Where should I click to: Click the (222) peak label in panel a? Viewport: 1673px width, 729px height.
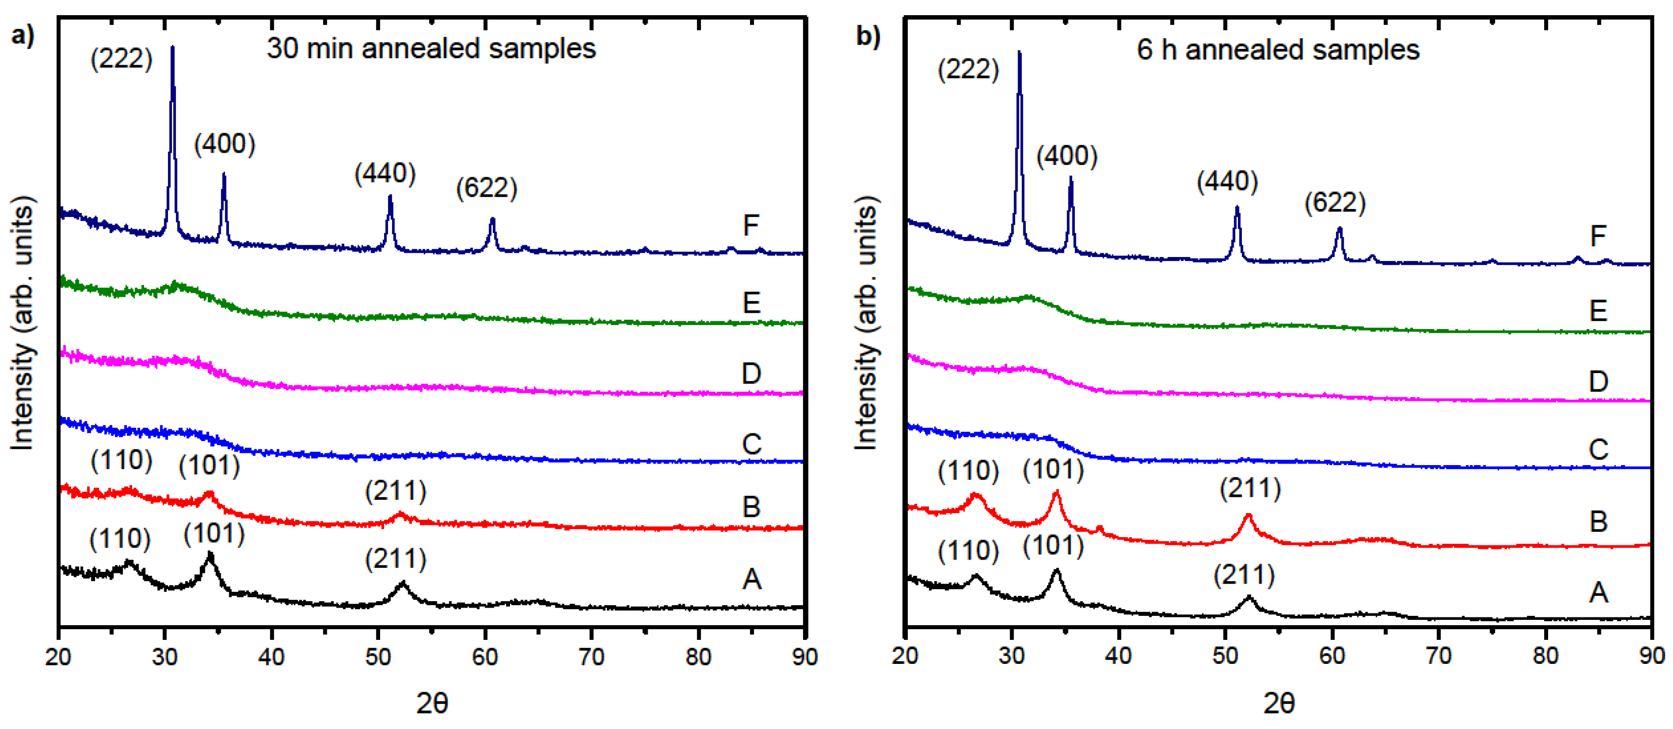[121, 59]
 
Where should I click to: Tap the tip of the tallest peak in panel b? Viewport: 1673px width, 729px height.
[1019, 52]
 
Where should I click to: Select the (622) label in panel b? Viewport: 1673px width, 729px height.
[1334, 203]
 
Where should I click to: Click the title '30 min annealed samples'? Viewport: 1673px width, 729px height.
[431, 48]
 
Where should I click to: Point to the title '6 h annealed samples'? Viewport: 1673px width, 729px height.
[1278, 50]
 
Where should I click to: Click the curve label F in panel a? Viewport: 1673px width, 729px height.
[751, 226]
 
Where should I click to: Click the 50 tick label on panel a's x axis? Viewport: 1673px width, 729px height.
[378, 657]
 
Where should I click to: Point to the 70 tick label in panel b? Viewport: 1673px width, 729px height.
[1438, 656]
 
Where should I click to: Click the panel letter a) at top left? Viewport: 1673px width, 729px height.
[23, 36]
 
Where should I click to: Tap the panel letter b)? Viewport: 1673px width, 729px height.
[868, 36]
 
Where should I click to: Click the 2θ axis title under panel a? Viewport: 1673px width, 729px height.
[432, 704]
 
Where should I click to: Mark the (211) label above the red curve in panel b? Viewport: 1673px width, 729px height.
[1250, 488]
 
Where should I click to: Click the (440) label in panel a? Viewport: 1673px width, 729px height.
[385, 173]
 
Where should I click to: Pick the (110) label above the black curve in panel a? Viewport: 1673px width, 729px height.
[120, 539]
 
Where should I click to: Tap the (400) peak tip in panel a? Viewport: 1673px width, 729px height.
[224, 174]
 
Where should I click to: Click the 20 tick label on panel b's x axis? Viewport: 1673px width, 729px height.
[905, 656]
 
